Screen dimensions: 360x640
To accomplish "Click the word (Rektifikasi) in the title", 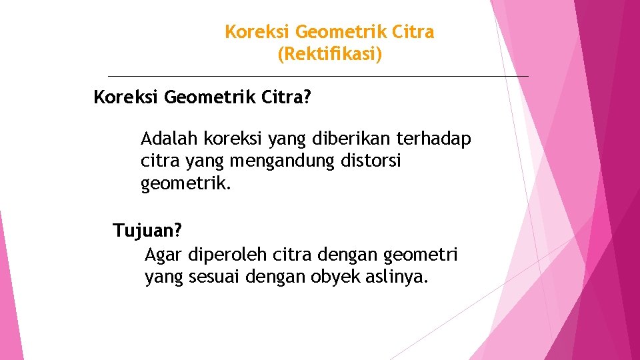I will (x=329, y=54).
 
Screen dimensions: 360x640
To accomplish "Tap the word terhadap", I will (x=434, y=139).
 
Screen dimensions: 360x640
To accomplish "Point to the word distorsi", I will (x=372, y=161).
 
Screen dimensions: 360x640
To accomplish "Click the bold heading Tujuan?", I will (x=147, y=231).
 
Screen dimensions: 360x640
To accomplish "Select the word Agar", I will (x=164, y=255).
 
